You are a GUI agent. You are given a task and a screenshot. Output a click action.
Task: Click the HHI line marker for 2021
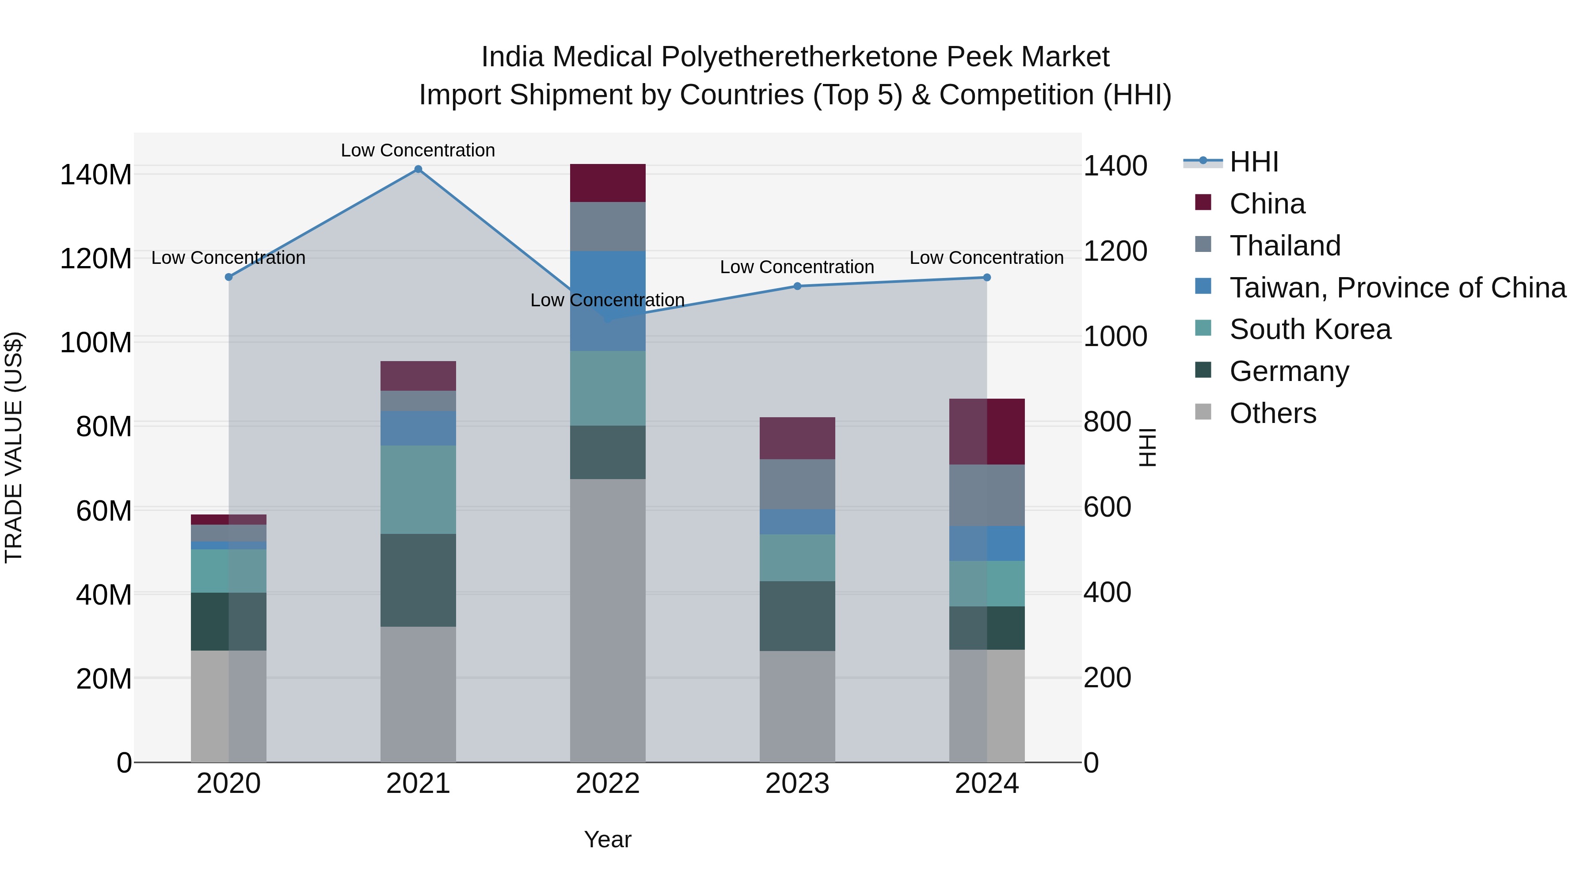[x=418, y=169]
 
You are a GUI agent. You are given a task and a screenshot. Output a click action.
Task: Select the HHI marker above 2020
[x=228, y=277]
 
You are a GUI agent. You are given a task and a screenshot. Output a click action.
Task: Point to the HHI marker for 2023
[x=797, y=286]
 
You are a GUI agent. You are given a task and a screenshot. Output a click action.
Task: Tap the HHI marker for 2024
[x=987, y=277]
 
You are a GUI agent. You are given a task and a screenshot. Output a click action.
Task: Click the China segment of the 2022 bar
[x=608, y=183]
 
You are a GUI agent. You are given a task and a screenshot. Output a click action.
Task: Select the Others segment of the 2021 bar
[x=418, y=694]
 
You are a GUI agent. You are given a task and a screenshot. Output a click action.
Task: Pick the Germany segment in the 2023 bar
[x=797, y=616]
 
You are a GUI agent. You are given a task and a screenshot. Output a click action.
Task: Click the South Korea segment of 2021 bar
[x=418, y=490]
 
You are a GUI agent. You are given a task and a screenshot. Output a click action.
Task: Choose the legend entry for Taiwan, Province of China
[x=1397, y=287]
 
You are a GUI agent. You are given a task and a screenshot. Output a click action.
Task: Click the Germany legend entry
[x=1289, y=371]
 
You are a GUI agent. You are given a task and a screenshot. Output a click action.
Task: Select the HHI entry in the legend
[x=1253, y=162]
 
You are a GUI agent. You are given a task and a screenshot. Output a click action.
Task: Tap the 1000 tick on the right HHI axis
[x=1115, y=337]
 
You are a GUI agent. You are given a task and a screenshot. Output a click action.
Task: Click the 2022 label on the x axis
[x=608, y=784]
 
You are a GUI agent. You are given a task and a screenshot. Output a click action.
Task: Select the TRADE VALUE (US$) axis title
[x=14, y=447]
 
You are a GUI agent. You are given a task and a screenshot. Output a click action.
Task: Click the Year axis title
[x=608, y=839]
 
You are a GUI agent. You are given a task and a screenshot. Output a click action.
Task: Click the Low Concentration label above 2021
[x=418, y=150]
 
